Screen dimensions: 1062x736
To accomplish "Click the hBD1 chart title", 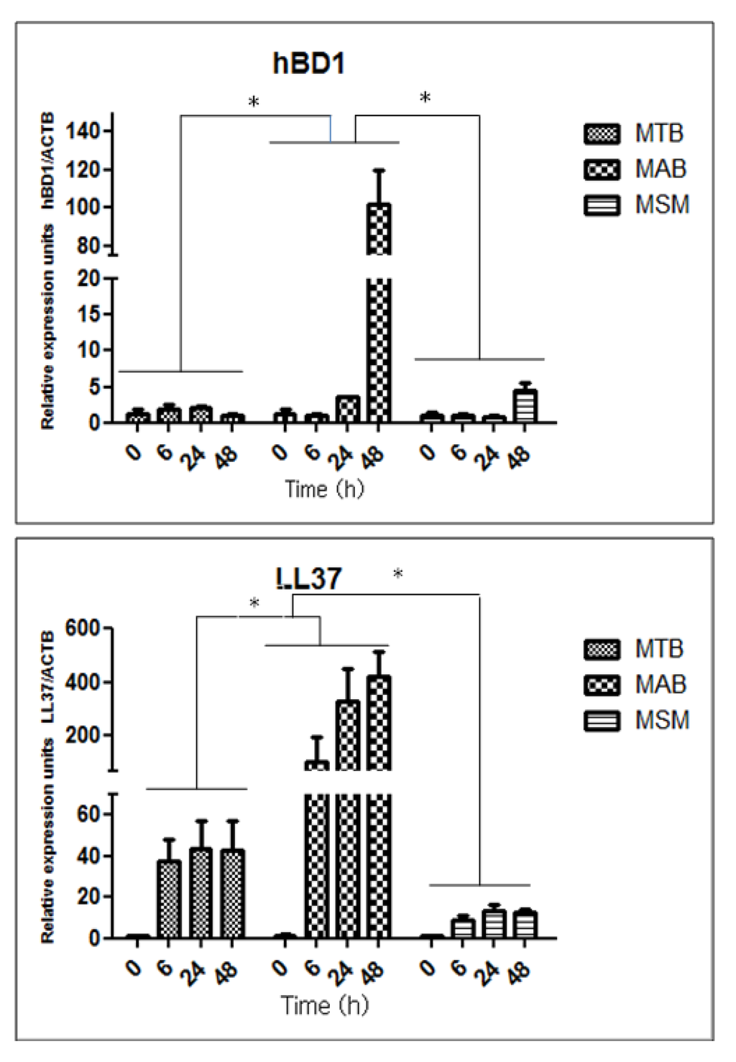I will pos(308,64).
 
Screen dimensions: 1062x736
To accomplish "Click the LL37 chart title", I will pos(308,578).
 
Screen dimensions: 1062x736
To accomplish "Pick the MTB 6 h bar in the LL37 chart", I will pos(169,900).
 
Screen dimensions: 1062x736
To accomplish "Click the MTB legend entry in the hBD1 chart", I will pos(635,134).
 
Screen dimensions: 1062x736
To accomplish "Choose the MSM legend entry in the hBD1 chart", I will pos(635,205).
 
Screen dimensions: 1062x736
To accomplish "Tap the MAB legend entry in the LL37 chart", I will pos(635,684).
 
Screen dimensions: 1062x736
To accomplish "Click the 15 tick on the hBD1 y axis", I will pos(91,314).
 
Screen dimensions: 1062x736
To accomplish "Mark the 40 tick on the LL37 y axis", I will pos(91,856).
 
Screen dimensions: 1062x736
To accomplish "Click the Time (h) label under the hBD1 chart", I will pos(324,489).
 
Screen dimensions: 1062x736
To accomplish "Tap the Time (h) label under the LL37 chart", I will pos(324,1005).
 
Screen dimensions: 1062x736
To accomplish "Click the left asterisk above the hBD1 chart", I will pos(254,103).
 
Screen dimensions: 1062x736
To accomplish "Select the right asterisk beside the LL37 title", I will pos(397,574).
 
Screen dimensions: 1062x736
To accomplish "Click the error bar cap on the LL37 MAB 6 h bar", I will pos(317,737).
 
